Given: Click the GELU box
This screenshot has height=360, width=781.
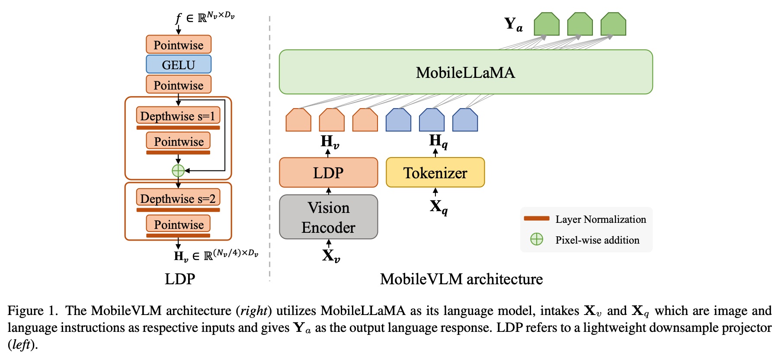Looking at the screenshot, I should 178,64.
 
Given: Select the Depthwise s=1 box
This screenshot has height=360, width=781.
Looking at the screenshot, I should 178,116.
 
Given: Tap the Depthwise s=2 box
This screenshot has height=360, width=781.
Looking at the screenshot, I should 178,199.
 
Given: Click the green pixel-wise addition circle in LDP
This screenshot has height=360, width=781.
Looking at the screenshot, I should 178,170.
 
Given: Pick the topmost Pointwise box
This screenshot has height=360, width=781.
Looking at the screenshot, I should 178,45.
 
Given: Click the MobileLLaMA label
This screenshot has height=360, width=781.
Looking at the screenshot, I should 465,72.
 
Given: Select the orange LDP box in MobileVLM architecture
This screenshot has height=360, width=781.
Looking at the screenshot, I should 328,173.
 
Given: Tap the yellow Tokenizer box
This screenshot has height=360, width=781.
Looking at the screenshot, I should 435,173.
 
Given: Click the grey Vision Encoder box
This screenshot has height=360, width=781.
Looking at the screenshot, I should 328,217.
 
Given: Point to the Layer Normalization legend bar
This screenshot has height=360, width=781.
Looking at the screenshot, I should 536,219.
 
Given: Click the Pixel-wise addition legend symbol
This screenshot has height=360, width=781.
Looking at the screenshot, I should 536,239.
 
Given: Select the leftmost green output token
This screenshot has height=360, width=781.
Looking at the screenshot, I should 547,24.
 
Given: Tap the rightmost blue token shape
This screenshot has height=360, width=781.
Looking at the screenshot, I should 465,120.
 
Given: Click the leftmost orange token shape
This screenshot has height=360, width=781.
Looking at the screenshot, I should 298,120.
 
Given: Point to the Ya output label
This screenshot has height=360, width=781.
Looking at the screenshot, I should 513,24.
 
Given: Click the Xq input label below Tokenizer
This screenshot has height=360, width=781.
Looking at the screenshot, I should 438,207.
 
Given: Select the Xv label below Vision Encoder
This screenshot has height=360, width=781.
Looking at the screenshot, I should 331,256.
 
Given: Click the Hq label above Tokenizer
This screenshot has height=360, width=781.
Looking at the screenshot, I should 438,141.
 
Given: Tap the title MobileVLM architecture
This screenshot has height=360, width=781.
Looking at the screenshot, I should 461,279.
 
